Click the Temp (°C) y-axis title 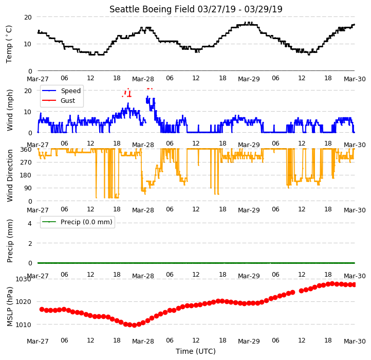pos(9,44)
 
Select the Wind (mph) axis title pos(9,110)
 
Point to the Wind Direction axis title pos(9,175)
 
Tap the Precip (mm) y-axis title pos(9,241)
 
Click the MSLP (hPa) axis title pos(9,307)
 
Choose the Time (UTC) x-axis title pos(196,351)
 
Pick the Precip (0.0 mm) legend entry pos(77,222)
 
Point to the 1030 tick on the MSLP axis pos(23,279)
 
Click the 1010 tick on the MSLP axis pos(23,325)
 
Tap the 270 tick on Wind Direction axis pos(27,163)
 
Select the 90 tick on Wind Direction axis pos(28,188)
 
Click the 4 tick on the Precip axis pos(30,223)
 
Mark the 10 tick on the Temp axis pos(28,44)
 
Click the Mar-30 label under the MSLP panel pos(355,341)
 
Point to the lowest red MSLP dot pos(134,325)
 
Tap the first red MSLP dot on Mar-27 pos(42,309)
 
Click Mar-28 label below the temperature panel pos(143,79)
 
